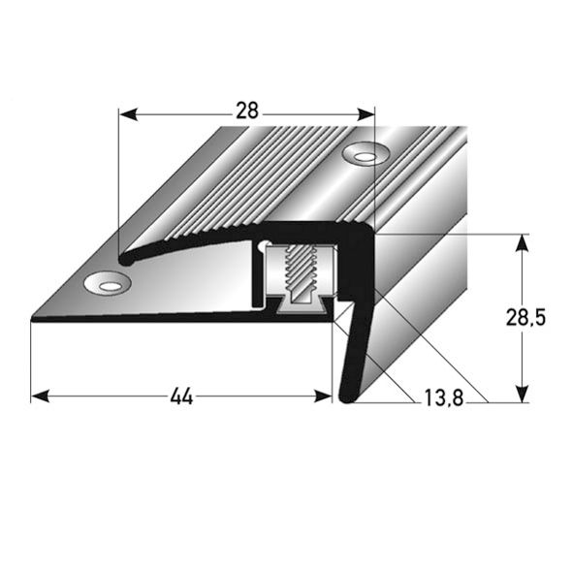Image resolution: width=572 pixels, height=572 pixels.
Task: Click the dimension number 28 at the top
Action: pos(247,111)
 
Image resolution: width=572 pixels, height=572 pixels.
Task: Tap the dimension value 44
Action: pos(179,396)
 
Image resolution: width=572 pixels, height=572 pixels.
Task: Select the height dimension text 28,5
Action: pos(533,317)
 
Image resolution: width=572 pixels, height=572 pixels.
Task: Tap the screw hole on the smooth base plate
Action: pos(107,283)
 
